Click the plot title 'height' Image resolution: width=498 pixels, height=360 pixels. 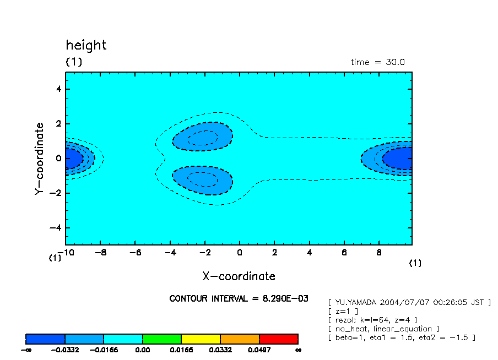(x=86, y=45)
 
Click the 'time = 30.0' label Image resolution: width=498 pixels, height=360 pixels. (x=377, y=62)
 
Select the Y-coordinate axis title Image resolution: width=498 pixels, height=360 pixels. (x=39, y=159)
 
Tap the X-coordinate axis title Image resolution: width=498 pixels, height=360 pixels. (x=239, y=276)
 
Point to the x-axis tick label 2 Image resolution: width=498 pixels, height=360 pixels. (x=274, y=253)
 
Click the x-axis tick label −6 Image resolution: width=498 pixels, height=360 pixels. (x=134, y=253)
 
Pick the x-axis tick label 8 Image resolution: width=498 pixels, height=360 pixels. (x=378, y=253)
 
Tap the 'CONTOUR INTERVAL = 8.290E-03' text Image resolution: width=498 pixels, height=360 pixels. (x=239, y=298)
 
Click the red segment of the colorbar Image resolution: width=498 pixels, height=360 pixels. (x=278, y=339)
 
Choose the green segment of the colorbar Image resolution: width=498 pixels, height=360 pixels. (x=162, y=339)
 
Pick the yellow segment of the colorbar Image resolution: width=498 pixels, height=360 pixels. (x=201, y=339)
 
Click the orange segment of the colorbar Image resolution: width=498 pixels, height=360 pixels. (x=240, y=339)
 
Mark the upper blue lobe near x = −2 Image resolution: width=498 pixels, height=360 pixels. (x=202, y=137)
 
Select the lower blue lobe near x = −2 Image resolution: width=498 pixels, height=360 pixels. (x=202, y=180)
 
